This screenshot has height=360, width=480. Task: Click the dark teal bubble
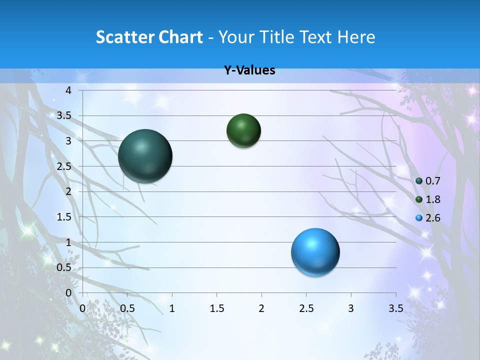coord(145,156)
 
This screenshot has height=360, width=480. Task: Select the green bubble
coord(243,131)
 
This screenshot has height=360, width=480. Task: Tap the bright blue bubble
coord(315,252)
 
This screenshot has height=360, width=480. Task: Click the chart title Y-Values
coord(249,70)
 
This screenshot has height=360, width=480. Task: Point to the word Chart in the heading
coord(181,37)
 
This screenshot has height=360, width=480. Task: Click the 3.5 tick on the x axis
coord(395,308)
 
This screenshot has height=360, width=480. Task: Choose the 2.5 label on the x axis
coord(306,308)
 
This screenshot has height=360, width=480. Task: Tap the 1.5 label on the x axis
coord(216,308)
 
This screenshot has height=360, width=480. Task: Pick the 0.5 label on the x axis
coord(127,308)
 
